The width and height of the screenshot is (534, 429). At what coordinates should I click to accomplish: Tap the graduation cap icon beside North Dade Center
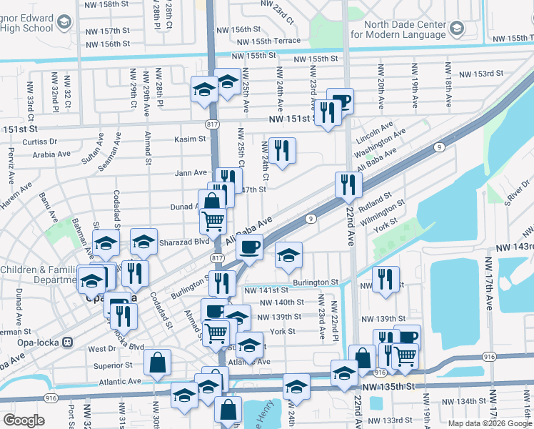[458, 29]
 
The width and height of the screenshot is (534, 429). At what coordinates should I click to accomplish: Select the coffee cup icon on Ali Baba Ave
[249, 248]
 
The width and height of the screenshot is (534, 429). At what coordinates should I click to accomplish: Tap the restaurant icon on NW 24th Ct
[283, 150]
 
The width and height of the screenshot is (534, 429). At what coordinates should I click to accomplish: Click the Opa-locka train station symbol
[69, 341]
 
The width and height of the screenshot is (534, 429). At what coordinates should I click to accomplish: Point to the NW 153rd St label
[480, 74]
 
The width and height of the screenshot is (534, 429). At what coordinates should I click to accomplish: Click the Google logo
[24, 420]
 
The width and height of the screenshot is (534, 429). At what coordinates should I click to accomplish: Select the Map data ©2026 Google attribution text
[490, 423]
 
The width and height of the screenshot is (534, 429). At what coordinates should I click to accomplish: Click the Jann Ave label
[190, 173]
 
